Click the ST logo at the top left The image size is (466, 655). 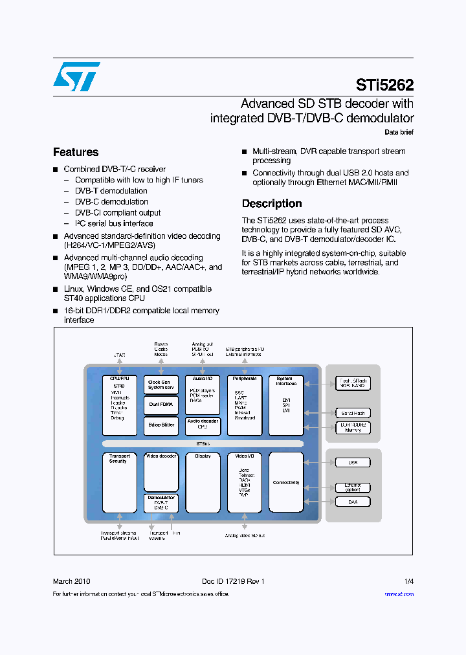(76, 76)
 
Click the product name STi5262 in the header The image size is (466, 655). (384, 85)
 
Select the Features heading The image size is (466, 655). (76, 152)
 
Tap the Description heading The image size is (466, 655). (272, 203)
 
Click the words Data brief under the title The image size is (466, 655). (399, 132)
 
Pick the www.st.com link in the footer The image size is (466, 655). (399, 594)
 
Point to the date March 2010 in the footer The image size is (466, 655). (72, 581)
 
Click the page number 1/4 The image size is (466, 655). (408, 581)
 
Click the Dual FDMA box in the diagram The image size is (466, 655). (161, 405)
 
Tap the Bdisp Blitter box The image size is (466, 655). (161, 425)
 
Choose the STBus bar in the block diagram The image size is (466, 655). (203, 444)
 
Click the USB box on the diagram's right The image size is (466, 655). (353, 462)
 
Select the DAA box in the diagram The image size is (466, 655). (353, 502)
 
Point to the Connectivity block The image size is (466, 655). (286, 482)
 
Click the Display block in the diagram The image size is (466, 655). (203, 482)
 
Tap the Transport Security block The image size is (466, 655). (119, 482)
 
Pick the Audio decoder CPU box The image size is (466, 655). (203, 425)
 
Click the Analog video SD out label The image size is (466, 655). (245, 535)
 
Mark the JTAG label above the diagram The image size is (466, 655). (119, 355)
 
